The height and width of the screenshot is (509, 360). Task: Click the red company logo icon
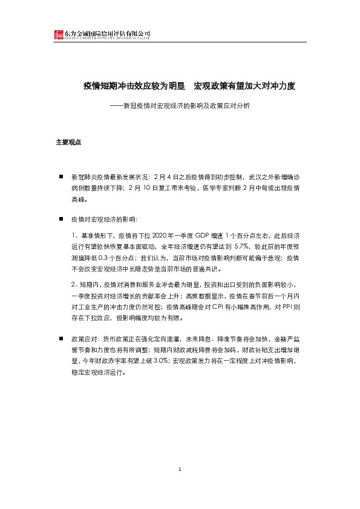58,35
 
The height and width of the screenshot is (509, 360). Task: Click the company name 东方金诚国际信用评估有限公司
106,33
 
